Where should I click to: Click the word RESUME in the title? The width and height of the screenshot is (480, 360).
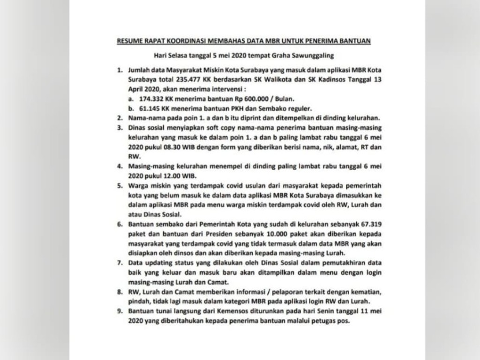[127, 42]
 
